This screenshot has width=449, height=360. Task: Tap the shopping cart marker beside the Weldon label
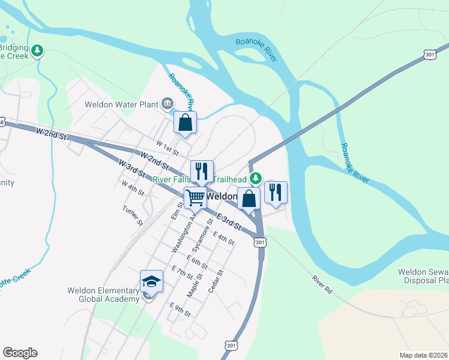[x=195, y=197]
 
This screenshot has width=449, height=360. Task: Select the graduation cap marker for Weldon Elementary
[x=151, y=281]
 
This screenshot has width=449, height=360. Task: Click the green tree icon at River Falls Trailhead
[x=256, y=178]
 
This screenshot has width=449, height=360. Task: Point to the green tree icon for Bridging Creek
[x=38, y=50]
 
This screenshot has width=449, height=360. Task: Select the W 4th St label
[x=133, y=188]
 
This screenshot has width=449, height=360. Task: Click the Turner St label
[x=132, y=215]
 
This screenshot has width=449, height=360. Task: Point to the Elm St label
[x=175, y=211]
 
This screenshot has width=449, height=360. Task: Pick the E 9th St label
[x=180, y=309]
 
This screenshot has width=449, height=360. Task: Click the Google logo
[x=20, y=353]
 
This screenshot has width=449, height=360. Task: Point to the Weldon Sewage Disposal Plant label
[x=423, y=276]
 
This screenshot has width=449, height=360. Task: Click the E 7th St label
[x=181, y=272]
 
